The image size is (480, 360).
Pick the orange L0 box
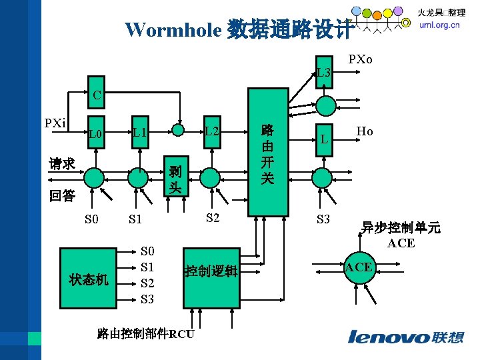[x=96, y=135]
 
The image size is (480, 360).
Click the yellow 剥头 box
[x=175, y=178]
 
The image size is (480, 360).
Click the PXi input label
[x=55, y=123]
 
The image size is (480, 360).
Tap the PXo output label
[x=361, y=60]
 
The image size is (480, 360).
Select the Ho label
[x=365, y=132]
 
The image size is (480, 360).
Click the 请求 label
[x=62, y=163]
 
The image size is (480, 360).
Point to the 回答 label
[x=62, y=196]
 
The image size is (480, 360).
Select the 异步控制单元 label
[x=401, y=229]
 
